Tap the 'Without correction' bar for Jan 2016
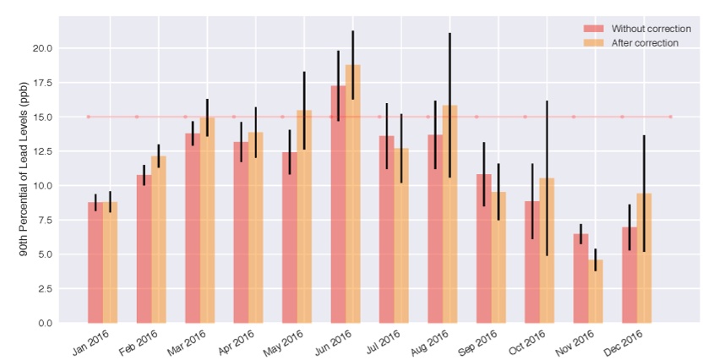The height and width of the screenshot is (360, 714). (x=95, y=263)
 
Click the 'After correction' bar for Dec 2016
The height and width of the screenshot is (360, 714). (x=644, y=259)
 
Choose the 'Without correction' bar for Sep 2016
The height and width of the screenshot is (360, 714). (x=483, y=248)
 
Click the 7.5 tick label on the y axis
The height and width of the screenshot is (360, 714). (x=43, y=221)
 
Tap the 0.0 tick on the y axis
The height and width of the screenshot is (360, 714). (x=43, y=323)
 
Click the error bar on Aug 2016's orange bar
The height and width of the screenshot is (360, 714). (x=450, y=106)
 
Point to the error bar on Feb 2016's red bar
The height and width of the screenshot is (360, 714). (x=144, y=175)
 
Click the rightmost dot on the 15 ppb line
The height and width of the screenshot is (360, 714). (x=671, y=117)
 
